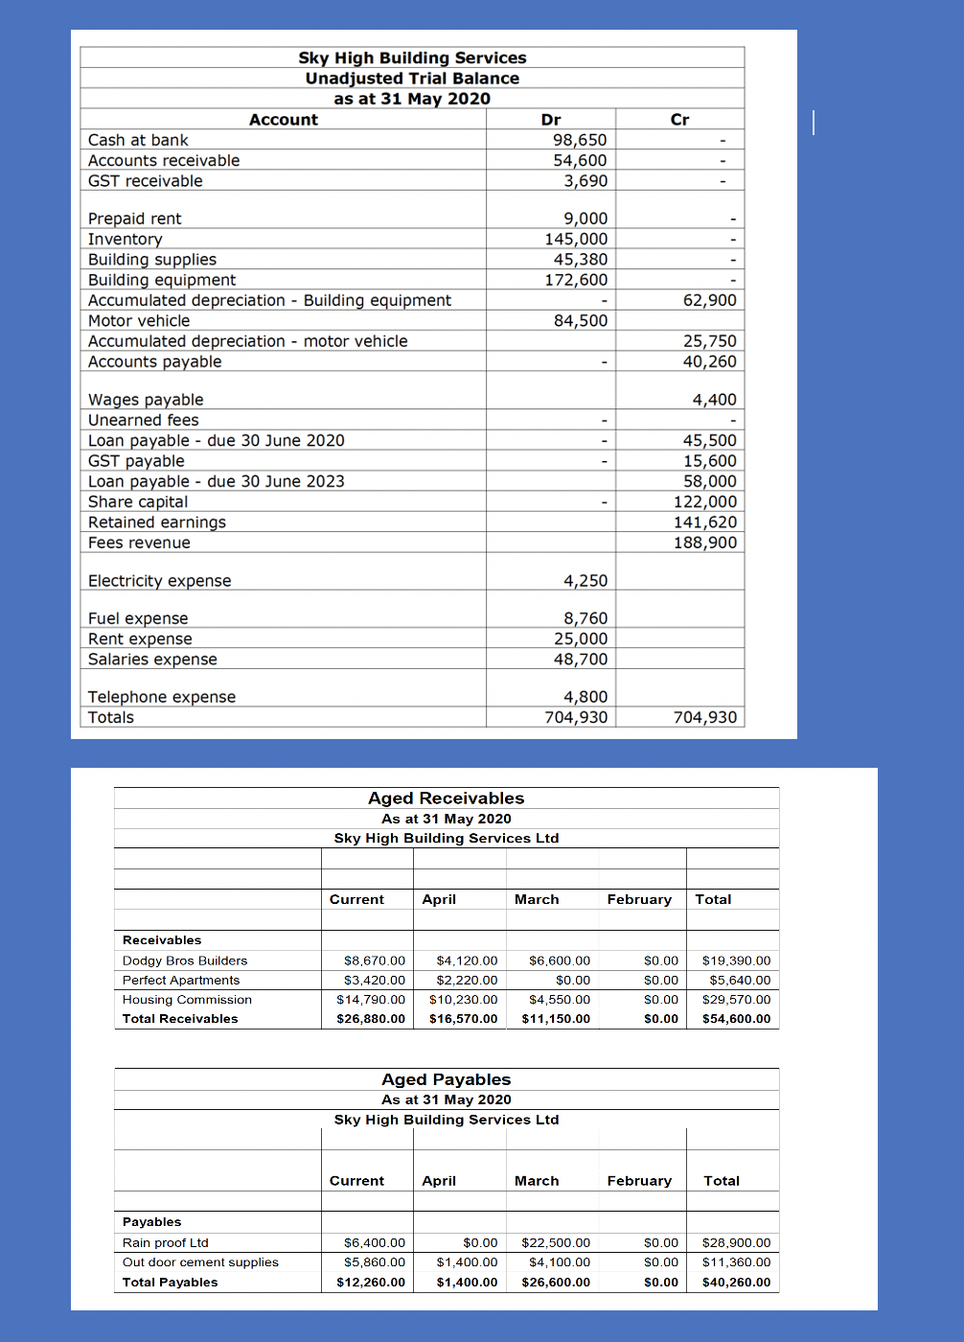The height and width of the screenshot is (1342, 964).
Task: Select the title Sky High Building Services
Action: point(412,58)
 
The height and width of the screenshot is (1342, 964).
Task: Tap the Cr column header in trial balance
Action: point(679,120)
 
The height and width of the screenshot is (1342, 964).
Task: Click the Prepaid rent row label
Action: point(134,219)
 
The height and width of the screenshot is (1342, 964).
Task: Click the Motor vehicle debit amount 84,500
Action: point(580,321)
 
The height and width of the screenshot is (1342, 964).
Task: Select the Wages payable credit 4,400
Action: point(714,400)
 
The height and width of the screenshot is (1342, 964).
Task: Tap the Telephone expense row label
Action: point(161,697)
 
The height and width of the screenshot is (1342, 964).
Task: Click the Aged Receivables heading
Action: point(446,798)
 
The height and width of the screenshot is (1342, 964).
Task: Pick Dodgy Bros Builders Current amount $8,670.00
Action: point(374,960)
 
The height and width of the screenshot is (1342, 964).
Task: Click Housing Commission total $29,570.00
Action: point(736,1000)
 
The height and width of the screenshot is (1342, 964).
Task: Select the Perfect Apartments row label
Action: point(181,981)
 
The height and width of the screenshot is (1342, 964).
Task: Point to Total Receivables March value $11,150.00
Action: point(556,1019)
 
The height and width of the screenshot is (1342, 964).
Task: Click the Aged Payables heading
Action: point(446,1079)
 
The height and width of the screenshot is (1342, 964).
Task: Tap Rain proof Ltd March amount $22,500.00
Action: point(556,1243)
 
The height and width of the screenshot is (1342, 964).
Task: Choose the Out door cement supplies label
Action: point(200,1262)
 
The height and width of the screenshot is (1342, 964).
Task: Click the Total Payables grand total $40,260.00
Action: point(736,1283)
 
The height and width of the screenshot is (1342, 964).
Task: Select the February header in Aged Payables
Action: point(639,1181)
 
